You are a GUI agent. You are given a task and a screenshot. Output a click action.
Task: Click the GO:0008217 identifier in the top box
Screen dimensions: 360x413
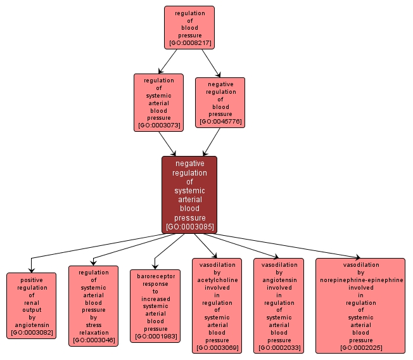tap(189, 44)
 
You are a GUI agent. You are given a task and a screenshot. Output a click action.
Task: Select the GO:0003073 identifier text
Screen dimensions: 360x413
tap(158, 125)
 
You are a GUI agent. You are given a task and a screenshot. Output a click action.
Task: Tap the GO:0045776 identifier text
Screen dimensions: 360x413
tap(220, 121)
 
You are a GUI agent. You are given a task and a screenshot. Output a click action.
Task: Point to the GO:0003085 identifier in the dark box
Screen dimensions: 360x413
tap(189, 226)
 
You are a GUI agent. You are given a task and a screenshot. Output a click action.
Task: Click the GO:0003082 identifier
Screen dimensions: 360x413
tap(31, 332)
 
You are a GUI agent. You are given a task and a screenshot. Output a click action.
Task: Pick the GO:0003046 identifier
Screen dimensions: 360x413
tap(93, 340)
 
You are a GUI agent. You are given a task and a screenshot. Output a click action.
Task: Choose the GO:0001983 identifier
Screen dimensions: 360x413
tap(155, 337)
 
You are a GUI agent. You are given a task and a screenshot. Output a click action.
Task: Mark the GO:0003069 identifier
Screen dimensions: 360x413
tap(217, 348)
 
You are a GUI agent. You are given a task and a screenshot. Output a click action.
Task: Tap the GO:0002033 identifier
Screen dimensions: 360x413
tap(279, 348)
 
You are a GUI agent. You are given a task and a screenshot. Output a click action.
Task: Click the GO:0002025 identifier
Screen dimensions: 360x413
tap(360, 348)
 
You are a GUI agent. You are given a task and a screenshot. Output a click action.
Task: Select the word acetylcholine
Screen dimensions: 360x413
tap(217, 280)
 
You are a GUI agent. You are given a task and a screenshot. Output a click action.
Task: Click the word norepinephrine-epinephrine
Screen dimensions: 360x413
tap(360, 280)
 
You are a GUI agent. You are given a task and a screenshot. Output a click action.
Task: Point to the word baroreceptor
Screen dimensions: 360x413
tap(155, 276)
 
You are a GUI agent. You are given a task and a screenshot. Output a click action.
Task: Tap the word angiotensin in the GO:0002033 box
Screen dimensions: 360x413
tap(279, 280)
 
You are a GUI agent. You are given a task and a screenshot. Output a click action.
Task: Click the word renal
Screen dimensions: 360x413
tap(31, 302)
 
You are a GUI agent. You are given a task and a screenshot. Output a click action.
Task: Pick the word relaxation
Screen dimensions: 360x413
tap(93, 332)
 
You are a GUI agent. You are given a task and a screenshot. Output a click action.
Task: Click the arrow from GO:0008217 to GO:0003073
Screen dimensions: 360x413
tap(168, 61)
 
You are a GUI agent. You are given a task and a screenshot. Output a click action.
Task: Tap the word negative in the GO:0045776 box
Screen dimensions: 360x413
tap(220, 84)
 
